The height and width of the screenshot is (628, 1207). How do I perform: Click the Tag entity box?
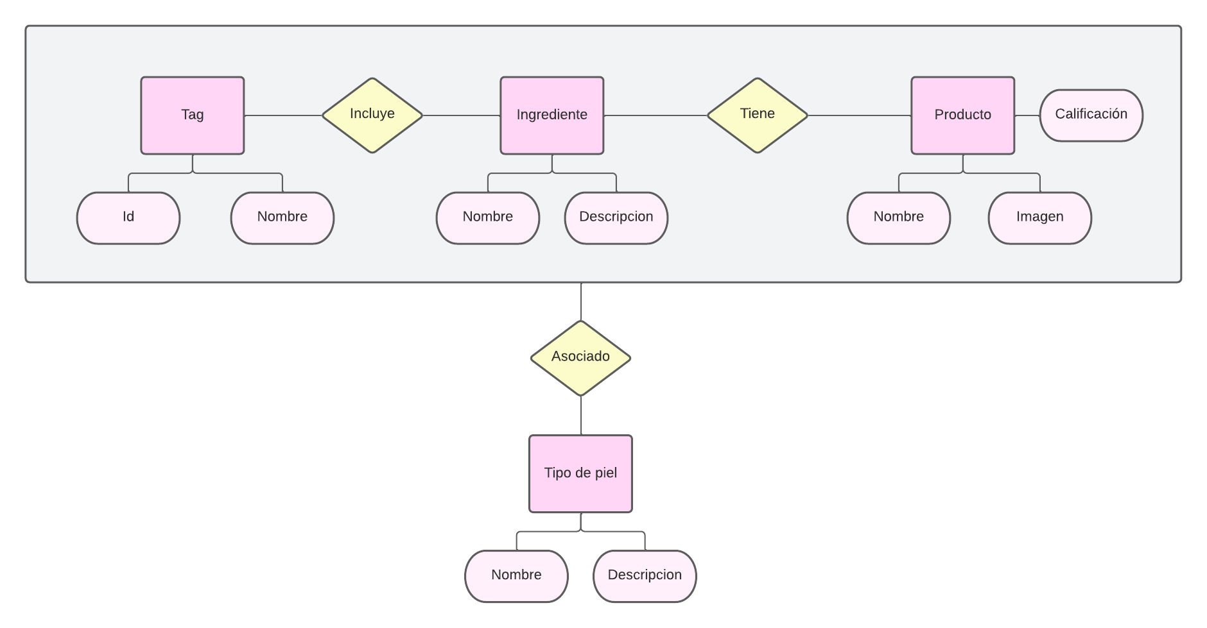(x=193, y=115)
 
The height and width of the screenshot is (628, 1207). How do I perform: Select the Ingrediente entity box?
(x=552, y=115)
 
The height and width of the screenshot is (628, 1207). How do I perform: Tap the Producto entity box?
(x=963, y=115)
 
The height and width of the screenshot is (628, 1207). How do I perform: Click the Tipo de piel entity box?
(x=580, y=473)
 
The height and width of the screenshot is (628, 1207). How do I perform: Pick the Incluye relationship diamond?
(x=372, y=115)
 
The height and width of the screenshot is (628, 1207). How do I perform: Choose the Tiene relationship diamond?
(x=758, y=115)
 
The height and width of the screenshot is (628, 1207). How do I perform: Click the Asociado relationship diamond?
(x=580, y=358)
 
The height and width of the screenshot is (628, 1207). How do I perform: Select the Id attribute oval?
(x=128, y=217)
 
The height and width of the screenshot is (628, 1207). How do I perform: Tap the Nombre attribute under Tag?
(x=282, y=217)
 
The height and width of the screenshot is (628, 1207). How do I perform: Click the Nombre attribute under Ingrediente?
(x=488, y=217)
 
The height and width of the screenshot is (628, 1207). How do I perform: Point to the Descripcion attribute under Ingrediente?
(x=616, y=217)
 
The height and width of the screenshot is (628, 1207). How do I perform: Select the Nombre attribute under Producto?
(x=899, y=217)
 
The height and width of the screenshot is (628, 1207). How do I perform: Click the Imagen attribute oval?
(x=1040, y=217)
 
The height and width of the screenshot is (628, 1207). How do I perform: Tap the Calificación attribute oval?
(x=1091, y=115)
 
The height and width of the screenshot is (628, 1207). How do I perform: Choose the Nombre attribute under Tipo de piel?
(x=516, y=575)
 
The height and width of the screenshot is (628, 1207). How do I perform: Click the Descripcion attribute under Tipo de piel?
(x=645, y=575)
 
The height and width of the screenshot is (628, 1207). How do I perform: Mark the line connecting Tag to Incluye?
(x=282, y=115)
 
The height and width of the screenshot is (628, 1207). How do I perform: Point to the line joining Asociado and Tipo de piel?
(x=581, y=416)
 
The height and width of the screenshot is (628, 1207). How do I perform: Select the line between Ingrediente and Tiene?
(x=655, y=115)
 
